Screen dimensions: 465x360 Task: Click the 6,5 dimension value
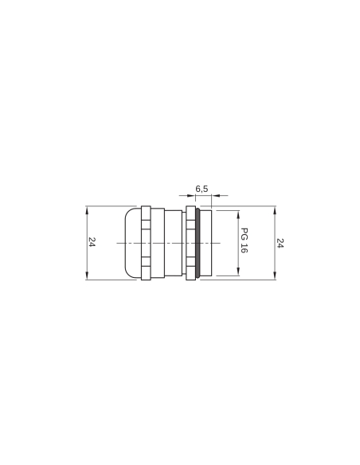tap(202, 189)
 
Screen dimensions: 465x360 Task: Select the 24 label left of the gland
tap(92, 243)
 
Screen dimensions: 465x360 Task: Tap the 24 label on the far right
tap(281, 243)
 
